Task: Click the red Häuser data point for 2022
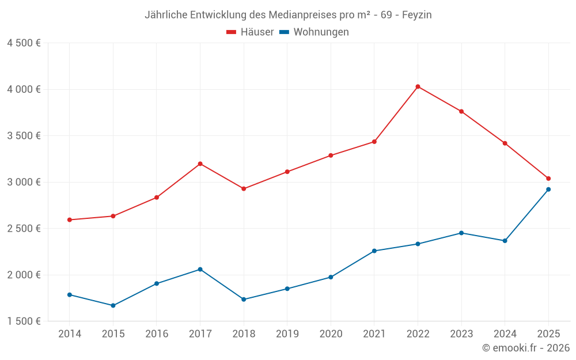(x=418, y=86)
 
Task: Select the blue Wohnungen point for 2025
(x=548, y=190)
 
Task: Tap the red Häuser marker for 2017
(x=200, y=164)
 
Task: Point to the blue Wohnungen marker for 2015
(x=113, y=305)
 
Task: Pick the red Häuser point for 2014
(x=69, y=219)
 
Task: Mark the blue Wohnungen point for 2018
(x=244, y=300)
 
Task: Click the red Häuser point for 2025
(x=548, y=179)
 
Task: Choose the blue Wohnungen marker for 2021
(x=374, y=251)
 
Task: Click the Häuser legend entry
(x=250, y=32)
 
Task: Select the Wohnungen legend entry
(x=314, y=32)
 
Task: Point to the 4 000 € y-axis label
(x=24, y=89)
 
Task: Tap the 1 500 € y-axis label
(x=24, y=321)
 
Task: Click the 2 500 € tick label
(x=24, y=229)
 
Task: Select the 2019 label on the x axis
(x=287, y=334)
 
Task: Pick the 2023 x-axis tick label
(x=461, y=334)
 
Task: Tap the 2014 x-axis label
(x=70, y=334)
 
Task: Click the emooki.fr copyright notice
(x=525, y=348)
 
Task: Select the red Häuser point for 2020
(x=331, y=156)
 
